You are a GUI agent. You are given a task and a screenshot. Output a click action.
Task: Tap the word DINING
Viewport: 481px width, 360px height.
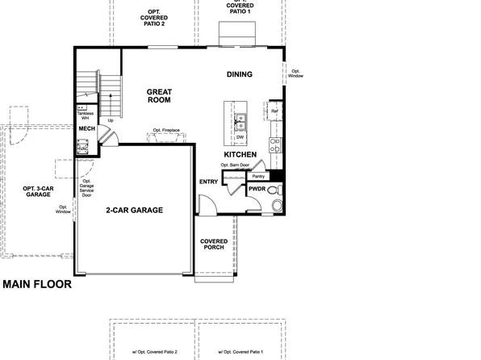pos(240,75)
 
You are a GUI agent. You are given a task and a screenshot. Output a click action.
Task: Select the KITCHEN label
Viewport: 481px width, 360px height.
pos(240,153)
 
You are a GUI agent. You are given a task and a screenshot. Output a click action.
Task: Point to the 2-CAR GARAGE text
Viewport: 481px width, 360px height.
pos(135,210)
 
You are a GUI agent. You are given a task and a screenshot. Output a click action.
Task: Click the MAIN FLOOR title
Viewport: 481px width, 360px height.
pos(37,284)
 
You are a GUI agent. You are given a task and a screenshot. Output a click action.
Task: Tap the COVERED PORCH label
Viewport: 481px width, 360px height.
pos(214,245)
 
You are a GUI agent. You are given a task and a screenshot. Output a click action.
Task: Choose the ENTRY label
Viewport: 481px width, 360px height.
pos(208,182)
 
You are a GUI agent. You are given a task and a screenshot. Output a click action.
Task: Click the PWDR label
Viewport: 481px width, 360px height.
pos(257,188)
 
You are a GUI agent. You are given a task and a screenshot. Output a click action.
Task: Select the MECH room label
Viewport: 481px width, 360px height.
pos(86,128)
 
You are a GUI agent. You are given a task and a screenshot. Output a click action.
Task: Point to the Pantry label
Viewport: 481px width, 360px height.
pos(258,175)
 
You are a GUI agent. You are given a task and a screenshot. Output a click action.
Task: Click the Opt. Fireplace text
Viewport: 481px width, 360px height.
pos(166,131)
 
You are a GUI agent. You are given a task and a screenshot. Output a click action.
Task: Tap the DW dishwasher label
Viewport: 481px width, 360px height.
pos(240,137)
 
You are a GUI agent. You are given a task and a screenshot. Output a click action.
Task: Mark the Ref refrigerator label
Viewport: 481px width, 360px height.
pos(274,111)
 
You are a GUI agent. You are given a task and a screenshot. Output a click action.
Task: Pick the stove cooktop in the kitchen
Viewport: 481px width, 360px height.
pos(275,145)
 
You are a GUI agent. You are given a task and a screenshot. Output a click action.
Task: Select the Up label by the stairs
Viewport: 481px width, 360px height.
pos(100,121)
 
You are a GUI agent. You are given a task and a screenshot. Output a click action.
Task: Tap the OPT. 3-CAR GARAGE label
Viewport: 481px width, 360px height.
pos(38,191)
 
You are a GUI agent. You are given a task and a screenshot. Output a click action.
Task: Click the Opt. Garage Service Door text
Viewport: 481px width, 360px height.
pos(86,188)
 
